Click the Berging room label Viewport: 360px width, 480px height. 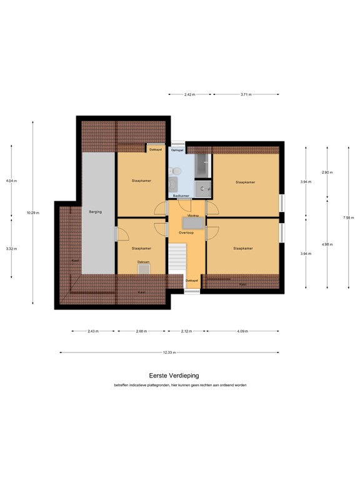point(95,212)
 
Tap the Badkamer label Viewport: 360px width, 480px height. point(181,196)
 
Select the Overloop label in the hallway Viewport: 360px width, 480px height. point(186,232)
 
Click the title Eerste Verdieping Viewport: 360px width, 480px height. point(174,376)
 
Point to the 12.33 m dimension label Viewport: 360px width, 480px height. point(169,352)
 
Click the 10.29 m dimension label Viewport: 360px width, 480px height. point(32,212)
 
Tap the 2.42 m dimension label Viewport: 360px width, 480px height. point(190,94)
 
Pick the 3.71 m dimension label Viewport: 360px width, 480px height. point(246,94)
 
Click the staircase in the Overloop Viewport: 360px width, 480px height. point(179,258)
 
